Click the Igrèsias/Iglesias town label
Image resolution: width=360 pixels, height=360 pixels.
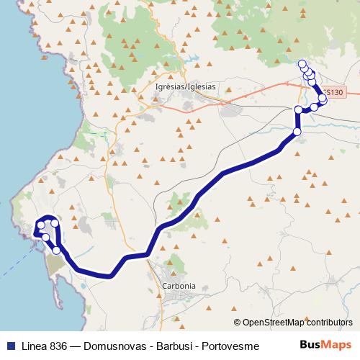[186, 86]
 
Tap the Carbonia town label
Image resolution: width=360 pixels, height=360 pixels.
[180, 285]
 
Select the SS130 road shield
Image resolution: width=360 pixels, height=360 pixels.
[333, 92]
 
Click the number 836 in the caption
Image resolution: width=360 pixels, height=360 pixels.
[62, 345]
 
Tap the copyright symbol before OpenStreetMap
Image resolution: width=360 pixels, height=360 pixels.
[238, 322]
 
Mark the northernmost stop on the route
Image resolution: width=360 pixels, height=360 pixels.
[302, 63]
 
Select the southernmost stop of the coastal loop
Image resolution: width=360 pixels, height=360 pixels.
[56, 250]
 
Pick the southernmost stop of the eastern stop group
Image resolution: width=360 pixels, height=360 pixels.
[297, 132]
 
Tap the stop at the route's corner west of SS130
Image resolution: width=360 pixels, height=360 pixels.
[298, 109]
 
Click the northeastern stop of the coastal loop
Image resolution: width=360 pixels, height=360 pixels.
[55, 223]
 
